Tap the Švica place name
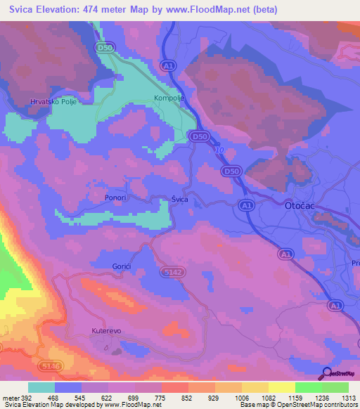click(x=180, y=200)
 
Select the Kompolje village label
click(x=169, y=98)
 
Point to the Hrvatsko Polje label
click(x=52, y=102)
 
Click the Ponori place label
click(x=115, y=198)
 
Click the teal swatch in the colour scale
click(x=41, y=387)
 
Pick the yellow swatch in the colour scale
click(x=281, y=387)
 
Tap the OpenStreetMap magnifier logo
click(x=328, y=373)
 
